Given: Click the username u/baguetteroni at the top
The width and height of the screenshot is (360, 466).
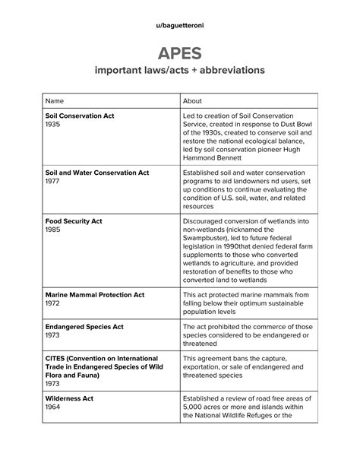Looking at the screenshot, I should pyautogui.click(x=179, y=24).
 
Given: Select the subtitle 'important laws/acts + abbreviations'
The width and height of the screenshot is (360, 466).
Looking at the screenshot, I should pyautogui.click(x=179, y=70).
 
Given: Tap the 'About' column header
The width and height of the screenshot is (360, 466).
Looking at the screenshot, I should pyautogui.click(x=193, y=100).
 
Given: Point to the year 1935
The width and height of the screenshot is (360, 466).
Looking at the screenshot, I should pyautogui.click(x=53, y=124).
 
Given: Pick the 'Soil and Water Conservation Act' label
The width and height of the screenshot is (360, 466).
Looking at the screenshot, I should pyautogui.click(x=97, y=173).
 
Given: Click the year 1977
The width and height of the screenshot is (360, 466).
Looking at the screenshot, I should pyautogui.click(x=53, y=182).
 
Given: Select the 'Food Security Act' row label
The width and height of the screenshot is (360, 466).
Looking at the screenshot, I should pyautogui.click(x=74, y=221).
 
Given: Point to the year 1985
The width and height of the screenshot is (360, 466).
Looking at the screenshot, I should pyautogui.click(x=53, y=230).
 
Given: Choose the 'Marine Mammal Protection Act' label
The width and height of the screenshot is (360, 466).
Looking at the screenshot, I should pyautogui.click(x=94, y=294).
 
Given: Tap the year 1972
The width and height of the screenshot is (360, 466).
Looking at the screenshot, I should pyautogui.click(x=53, y=303).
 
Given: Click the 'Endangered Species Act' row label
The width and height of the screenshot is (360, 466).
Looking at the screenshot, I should pyautogui.click(x=84, y=328).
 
